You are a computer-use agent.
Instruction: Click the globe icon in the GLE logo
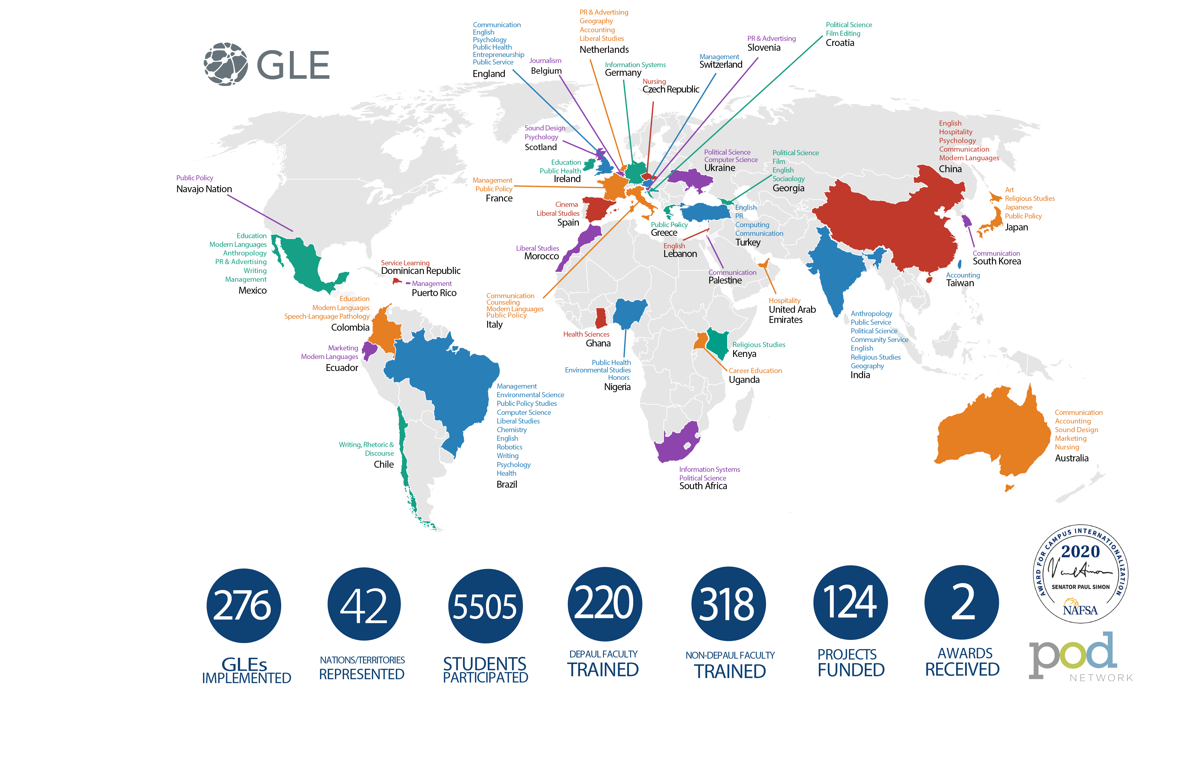pos(226,64)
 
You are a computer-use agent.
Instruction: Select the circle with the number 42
pos(364,604)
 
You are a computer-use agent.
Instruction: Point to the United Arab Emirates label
pos(792,315)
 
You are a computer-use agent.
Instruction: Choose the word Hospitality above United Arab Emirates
pos(784,301)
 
